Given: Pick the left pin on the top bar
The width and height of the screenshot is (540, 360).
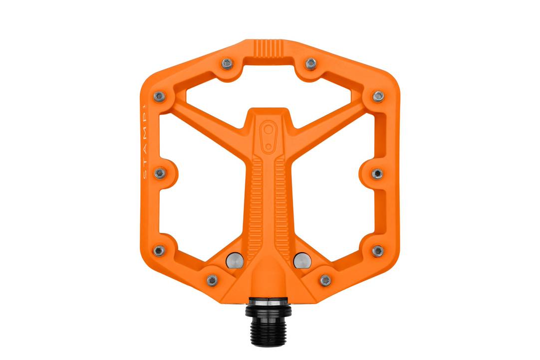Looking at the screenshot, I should pos(227,63).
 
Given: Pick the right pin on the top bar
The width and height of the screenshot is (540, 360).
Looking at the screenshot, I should pos(310,63).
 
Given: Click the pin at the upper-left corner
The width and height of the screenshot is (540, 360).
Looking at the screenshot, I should pos(159,96).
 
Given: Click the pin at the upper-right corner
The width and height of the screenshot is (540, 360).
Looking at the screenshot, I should pos(378,95).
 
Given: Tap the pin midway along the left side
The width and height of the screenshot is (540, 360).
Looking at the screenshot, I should pos(160,173).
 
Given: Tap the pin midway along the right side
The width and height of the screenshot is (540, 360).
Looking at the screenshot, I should pos(377,173).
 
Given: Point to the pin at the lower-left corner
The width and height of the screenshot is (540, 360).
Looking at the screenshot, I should pos(159,251).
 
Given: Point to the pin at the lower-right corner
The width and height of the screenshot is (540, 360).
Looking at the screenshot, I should pos(378,250).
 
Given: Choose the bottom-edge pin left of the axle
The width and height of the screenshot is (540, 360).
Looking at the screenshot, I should pos(212,280).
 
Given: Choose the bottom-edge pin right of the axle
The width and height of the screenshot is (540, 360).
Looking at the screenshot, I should pos(325,280).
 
